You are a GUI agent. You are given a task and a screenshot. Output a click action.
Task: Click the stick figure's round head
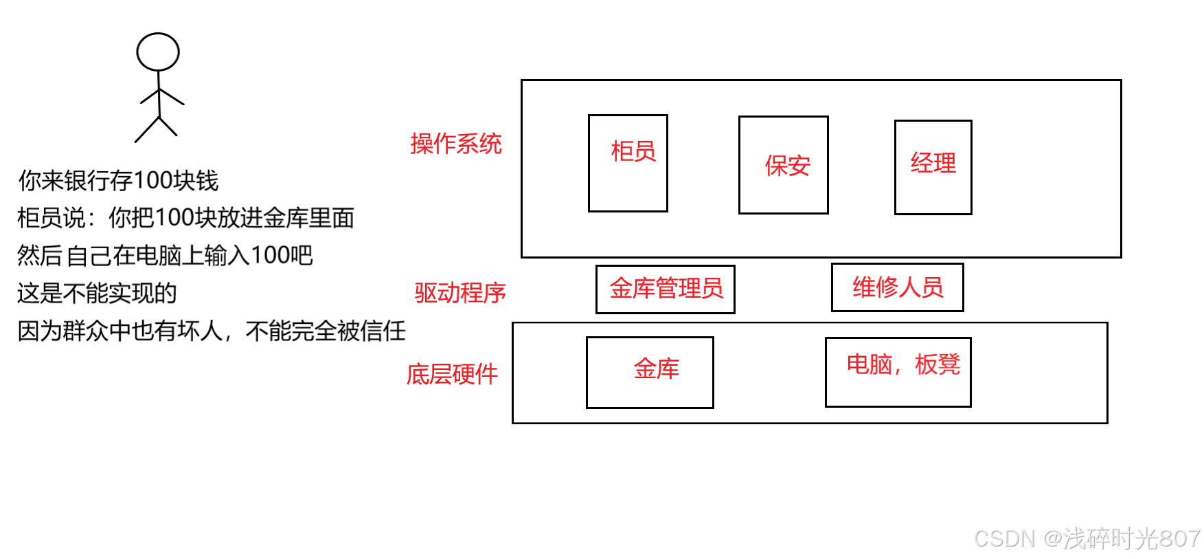pos(158,52)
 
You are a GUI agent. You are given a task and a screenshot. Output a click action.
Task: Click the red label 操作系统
pos(456,144)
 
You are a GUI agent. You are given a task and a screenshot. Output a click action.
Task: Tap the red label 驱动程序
pos(460,293)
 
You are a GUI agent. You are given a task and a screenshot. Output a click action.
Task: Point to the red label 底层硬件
pos(452,374)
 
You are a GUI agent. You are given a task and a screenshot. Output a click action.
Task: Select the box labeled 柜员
pos(628,164)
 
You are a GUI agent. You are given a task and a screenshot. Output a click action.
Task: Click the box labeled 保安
pos(783,165)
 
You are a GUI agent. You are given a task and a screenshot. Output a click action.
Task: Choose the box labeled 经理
pos(933,167)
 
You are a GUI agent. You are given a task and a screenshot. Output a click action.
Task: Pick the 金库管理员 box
pos(665,289)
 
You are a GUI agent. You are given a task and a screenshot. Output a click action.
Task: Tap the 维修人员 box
pos(897,287)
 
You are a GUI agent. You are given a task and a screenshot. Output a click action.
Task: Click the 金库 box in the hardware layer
pos(650,372)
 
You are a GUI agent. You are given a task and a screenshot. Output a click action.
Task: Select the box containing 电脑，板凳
pos(898,372)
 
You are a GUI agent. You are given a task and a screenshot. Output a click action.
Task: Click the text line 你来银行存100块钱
pos(118,181)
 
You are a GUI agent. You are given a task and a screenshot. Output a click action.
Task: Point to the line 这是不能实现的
pos(97,294)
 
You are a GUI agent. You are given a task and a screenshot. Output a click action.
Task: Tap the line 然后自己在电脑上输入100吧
pos(165,256)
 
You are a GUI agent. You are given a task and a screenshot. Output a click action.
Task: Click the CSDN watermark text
pos(1087,538)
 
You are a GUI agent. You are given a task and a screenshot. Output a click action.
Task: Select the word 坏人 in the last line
pos(200,331)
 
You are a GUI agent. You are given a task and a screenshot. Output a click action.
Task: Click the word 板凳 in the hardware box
pos(938,364)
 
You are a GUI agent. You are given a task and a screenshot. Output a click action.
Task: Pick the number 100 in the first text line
pos(153,181)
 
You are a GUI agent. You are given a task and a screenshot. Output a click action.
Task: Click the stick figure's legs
pos(157,129)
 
